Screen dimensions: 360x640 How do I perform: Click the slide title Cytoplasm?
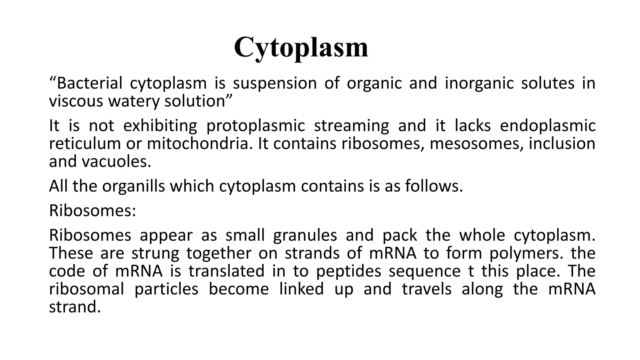(x=301, y=47)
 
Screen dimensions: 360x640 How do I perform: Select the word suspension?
(x=275, y=83)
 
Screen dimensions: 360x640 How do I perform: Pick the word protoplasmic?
(x=255, y=126)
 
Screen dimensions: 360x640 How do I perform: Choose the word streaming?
(x=351, y=126)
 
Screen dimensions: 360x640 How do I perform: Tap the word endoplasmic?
(x=547, y=126)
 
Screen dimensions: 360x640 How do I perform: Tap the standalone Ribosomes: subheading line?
(x=92, y=211)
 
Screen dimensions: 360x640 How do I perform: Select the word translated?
(x=227, y=271)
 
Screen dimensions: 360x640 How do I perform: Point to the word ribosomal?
(x=87, y=289)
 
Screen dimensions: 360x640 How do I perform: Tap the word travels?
(x=427, y=289)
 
